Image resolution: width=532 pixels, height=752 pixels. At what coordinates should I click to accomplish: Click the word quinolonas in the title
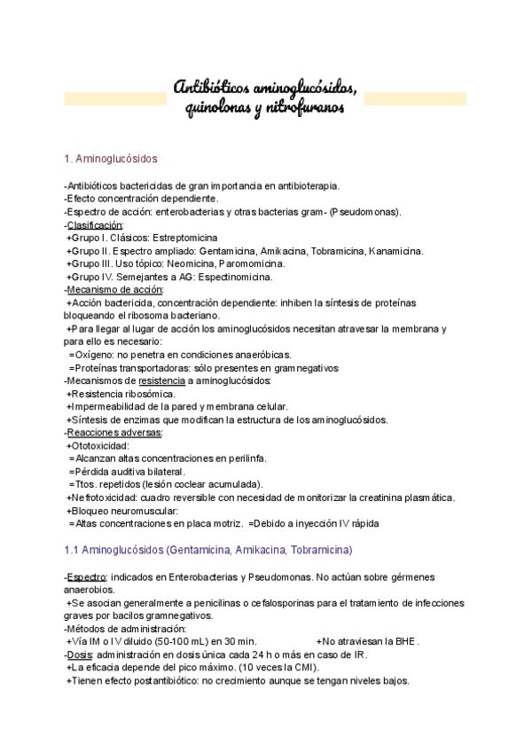point(216,109)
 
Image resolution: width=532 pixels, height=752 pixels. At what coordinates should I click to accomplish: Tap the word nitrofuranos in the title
point(303,109)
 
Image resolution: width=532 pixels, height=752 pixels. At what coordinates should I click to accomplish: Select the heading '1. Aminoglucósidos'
point(111,159)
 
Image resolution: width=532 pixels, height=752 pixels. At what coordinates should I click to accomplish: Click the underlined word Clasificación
point(96,225)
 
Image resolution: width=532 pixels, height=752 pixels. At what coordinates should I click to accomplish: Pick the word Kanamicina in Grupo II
point(395,251)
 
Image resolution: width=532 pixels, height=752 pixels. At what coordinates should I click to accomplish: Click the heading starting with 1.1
point(208,550)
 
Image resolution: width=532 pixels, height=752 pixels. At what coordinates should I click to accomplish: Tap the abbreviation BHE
point(403,641)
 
